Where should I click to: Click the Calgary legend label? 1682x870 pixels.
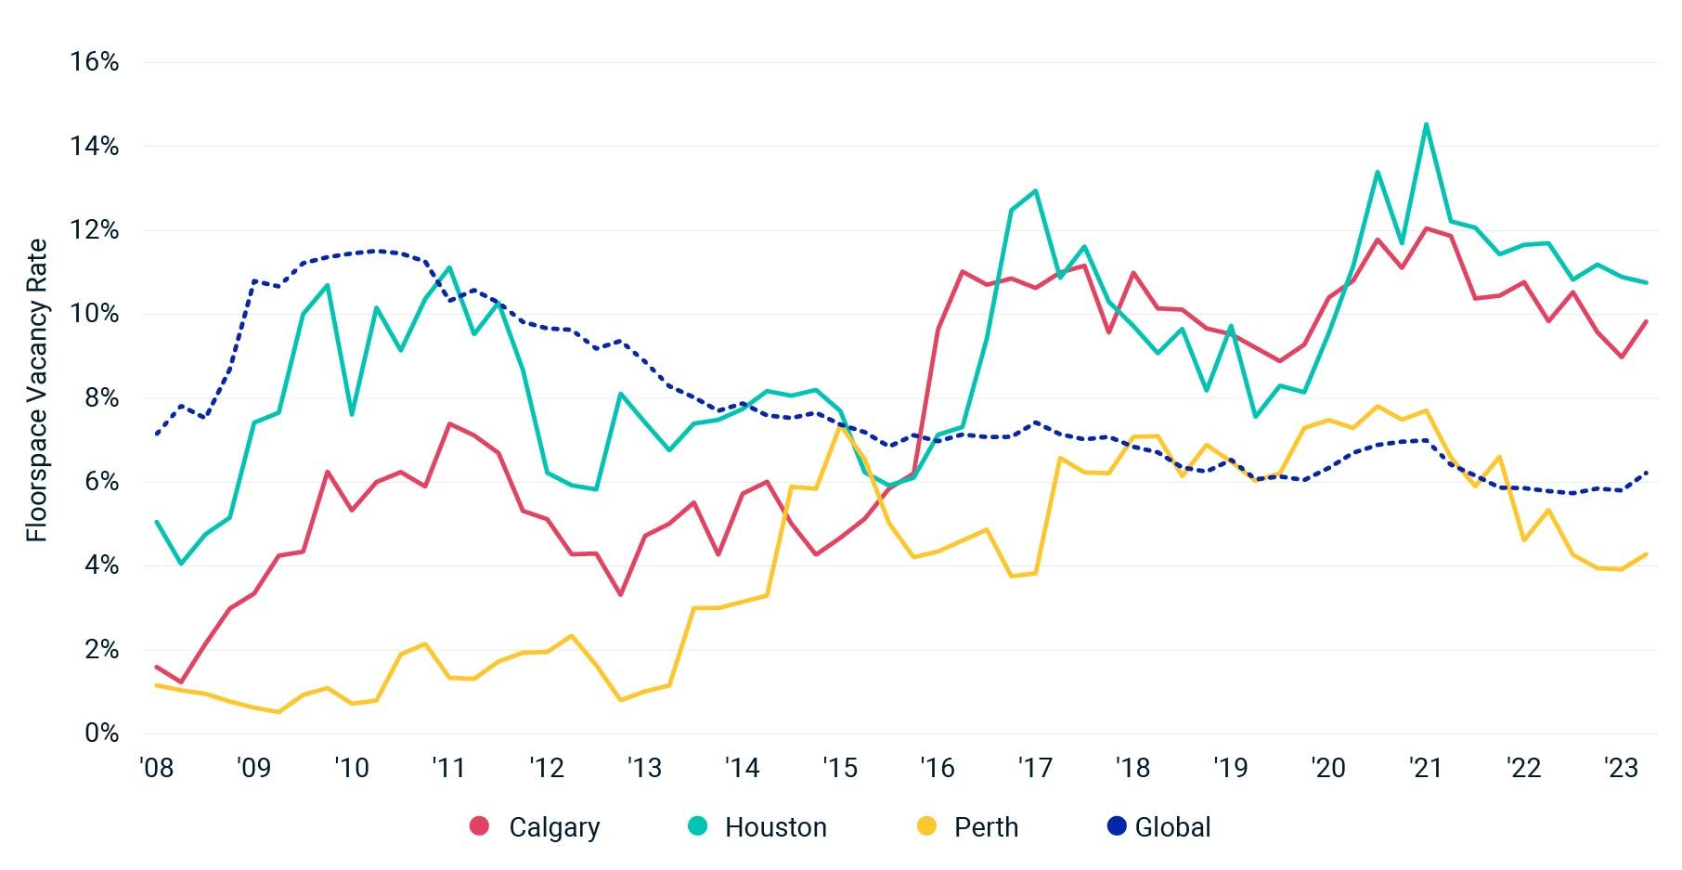point(554,827)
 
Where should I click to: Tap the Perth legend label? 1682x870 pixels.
point(986,827)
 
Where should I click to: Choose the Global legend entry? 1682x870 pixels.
point(1172,827)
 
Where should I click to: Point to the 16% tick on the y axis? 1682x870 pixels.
point(95,62)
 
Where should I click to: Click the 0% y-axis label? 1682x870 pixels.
point(101,734)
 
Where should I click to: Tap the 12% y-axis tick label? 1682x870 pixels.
point(95,230)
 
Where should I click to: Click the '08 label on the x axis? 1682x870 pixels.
point(156,769)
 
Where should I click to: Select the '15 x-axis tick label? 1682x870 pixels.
point(839,769)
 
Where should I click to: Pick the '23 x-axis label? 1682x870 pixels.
point(1621,769)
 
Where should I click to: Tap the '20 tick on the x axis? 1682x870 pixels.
point(1327,769)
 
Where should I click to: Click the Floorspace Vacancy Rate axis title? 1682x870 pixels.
point(36,391)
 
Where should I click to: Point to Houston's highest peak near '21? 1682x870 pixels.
point(1426,124)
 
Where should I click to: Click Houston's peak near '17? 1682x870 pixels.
point(1035,191)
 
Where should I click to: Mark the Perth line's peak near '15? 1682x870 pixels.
point(840,427)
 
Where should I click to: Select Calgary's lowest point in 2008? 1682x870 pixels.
point(181,682)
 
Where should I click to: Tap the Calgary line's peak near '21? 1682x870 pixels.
point(1426,228)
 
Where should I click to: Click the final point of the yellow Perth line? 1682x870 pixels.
point(1646,554)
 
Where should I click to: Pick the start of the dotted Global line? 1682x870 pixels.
point(157,434)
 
